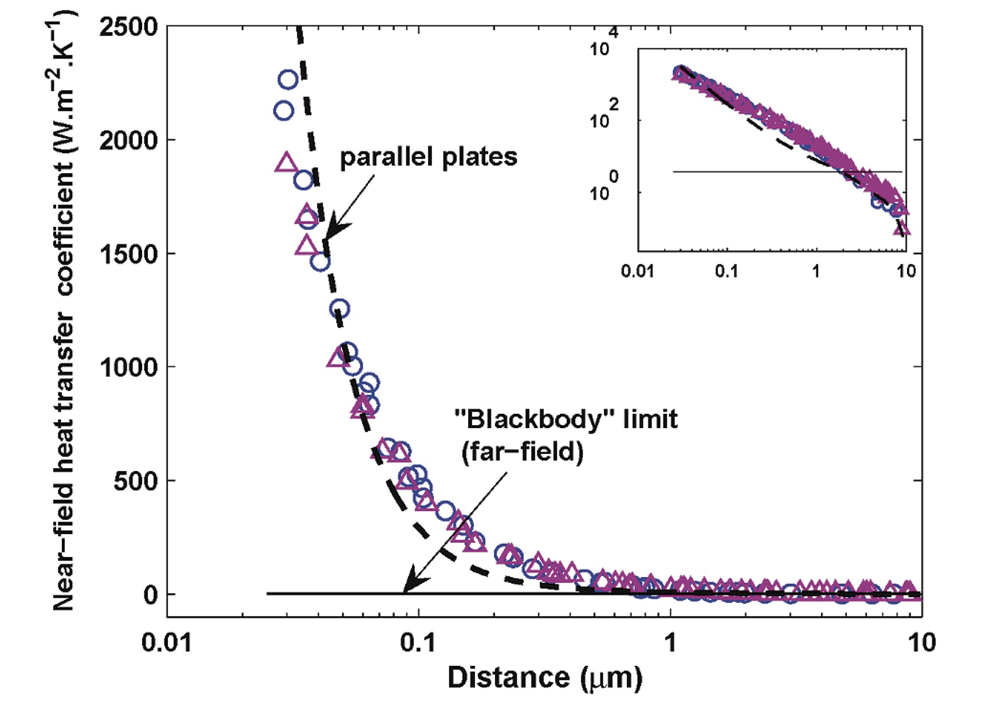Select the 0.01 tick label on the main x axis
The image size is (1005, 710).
(167, 643)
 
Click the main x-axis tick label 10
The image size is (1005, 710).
(921, 643)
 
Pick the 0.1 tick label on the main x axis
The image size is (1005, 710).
(418, 643)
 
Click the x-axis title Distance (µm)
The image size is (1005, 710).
(544, 678)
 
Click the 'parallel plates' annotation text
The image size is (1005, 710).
(429, 157)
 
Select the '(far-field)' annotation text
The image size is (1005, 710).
(523, 452)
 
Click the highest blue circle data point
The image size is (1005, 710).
(288, 80)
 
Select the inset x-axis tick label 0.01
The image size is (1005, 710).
(637, 270)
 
